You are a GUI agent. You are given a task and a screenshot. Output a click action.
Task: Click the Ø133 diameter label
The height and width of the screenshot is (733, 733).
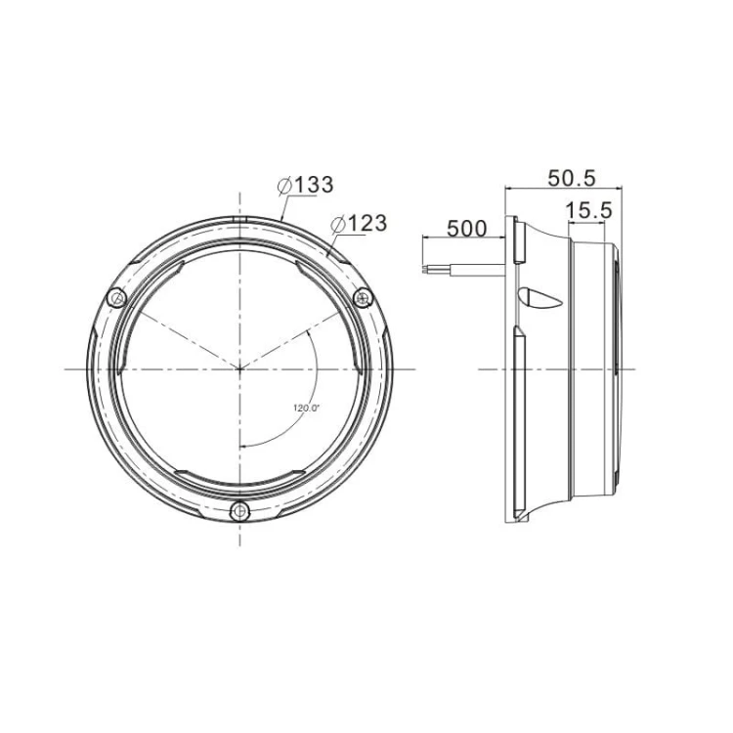tap(305, 185)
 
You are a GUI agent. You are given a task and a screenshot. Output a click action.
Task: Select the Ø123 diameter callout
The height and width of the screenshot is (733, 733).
tap(359, 224)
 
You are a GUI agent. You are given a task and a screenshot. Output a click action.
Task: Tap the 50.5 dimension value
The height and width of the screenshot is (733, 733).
tap(572, 178)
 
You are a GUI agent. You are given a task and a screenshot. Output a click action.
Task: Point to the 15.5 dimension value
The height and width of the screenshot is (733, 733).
tap(588, 211)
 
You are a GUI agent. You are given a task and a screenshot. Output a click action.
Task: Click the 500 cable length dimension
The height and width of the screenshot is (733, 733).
tap(467, 229)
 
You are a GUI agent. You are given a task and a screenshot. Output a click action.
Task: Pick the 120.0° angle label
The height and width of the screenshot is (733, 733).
tap(306, 408)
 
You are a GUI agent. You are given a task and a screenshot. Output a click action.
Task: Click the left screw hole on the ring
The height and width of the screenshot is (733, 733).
tap(116, 298)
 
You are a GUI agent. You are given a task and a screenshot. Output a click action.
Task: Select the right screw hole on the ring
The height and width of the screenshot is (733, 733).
tap(363, 298)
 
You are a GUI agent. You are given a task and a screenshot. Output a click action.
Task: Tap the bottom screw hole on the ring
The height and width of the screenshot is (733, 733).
tap(239, 511)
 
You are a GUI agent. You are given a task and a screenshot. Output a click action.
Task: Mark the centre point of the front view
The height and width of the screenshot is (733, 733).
tap(239, 369)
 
